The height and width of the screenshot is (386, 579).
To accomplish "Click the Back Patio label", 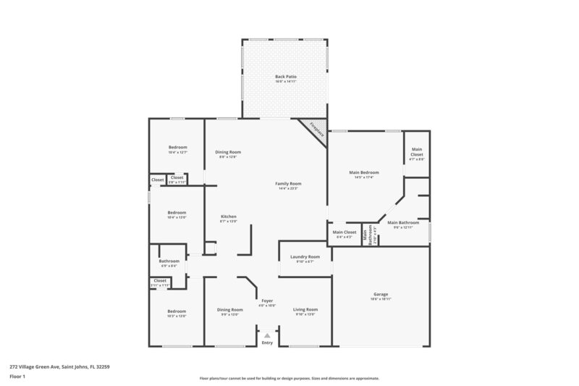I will click(285, 76).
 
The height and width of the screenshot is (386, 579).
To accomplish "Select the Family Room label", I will click(288, 184).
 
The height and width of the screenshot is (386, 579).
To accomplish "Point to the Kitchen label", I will click(229, 217).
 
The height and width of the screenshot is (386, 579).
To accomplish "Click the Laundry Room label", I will click(305, 257).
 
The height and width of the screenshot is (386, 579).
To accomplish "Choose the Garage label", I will click(381, 295).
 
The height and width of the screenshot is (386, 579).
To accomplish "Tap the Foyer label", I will click(267, 301).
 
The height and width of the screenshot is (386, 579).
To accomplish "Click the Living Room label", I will click(305, 309).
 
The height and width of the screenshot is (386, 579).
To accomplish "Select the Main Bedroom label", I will click(365, 172).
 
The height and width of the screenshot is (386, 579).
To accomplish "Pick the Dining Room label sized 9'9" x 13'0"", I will click(229, 310).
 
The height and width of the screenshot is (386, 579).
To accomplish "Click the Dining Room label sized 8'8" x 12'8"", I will click(228, 152).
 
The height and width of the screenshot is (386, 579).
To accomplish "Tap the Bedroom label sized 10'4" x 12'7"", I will click(177, 148).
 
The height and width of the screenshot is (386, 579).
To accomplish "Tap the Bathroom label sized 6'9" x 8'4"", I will click(169, 261).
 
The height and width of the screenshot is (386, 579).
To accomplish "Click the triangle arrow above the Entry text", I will click(267, 335).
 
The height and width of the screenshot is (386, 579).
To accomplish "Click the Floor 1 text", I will click(17, 377).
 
